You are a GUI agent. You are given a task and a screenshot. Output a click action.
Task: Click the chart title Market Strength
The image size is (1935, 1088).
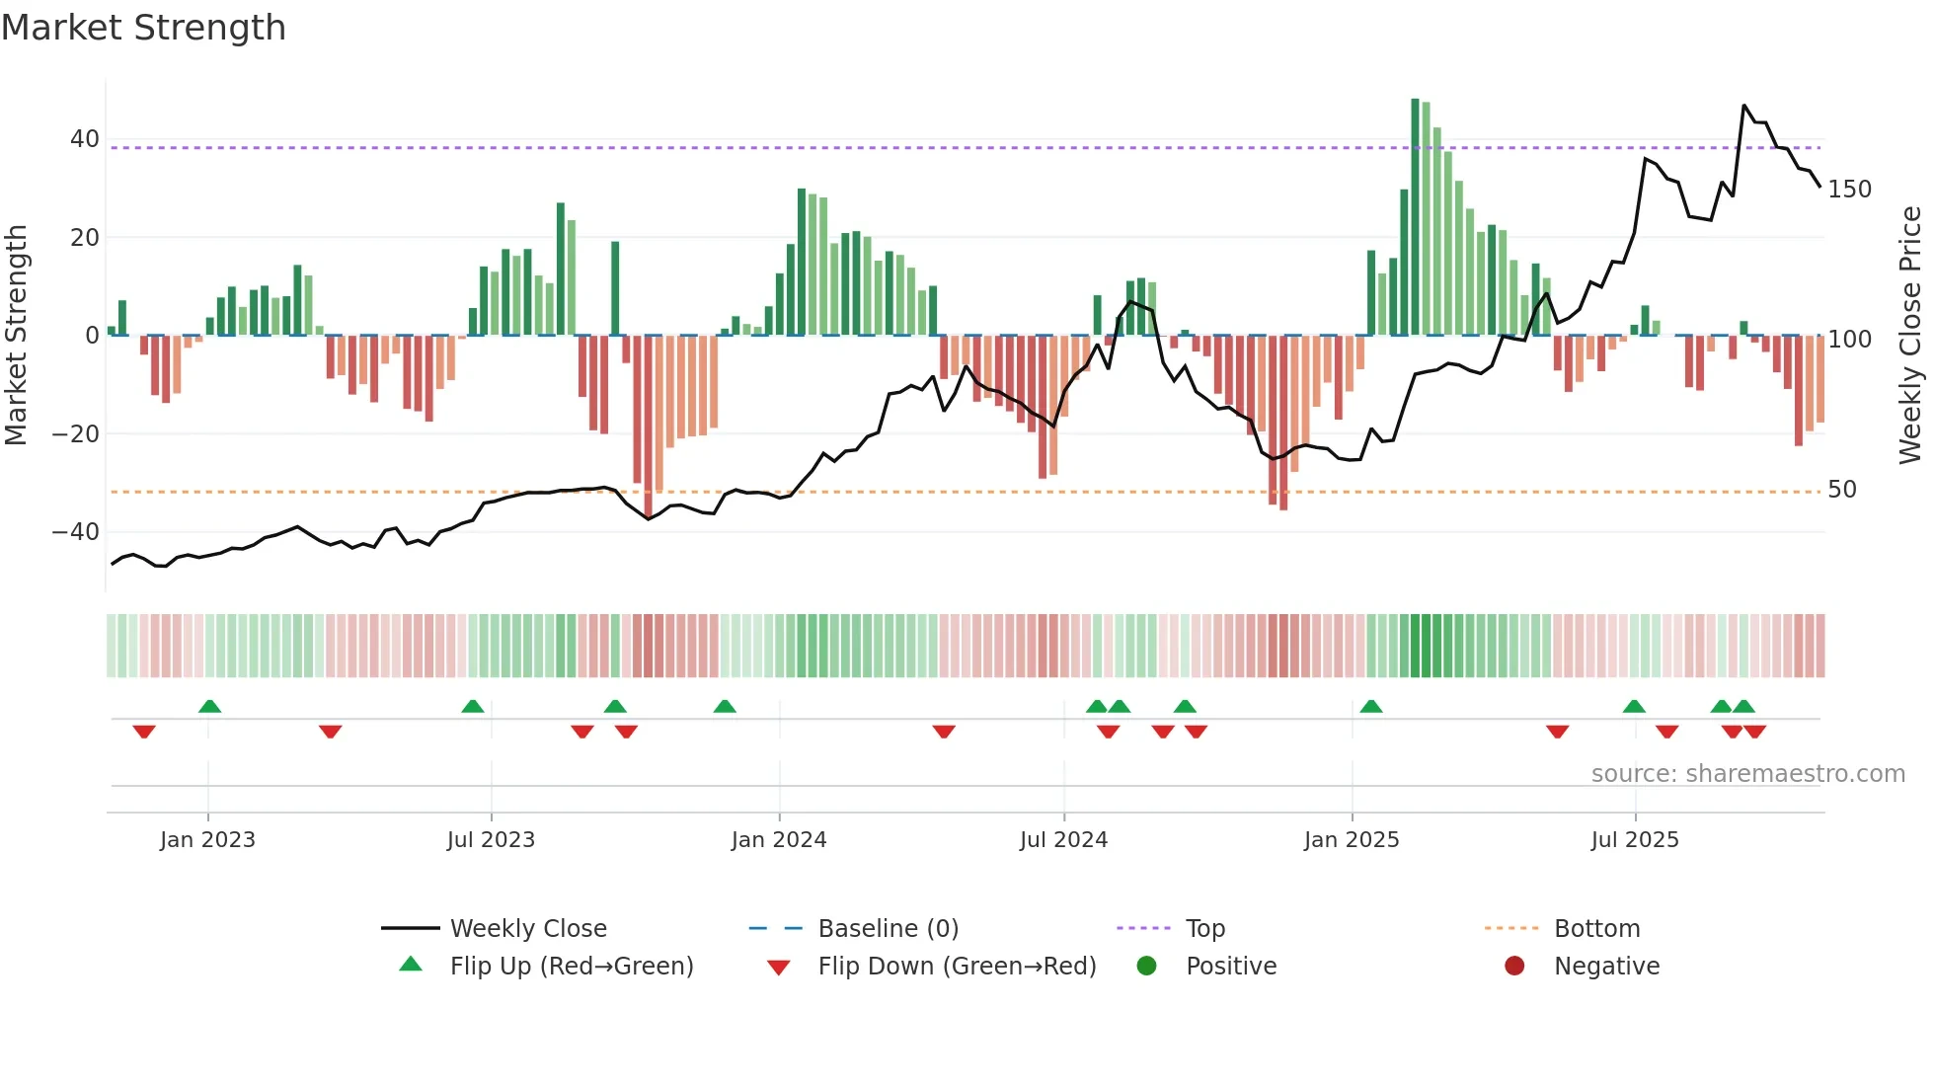(143, 28)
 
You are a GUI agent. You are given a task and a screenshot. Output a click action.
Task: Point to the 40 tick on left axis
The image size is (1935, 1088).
(85, 139)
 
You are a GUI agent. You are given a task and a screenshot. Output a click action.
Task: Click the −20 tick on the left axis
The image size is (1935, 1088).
(76, 433)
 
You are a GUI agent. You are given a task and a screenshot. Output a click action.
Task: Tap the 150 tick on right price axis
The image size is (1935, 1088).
(1849, 189)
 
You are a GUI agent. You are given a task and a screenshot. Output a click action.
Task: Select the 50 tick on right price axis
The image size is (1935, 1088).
(1842, 489)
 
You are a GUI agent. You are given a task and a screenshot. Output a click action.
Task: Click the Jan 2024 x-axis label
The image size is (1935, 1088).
(779, 840)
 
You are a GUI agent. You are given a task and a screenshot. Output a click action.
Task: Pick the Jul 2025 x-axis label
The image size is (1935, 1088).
(1635, 840)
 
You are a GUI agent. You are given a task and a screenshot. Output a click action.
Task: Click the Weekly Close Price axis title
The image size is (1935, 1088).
(1910, 336)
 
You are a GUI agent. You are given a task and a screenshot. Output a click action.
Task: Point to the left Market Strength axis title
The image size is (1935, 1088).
(17, 336)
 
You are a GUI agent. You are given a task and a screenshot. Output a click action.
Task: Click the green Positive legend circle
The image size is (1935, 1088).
(1146, 966)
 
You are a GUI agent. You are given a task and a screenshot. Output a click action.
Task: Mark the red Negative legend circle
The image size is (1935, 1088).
(1514, 966)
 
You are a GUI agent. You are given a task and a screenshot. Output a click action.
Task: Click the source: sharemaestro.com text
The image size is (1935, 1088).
(1747, 774)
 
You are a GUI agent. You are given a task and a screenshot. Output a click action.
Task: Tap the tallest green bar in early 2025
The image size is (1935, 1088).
(1415, 217)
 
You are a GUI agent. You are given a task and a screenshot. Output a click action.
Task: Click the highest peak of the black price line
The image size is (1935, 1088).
(1744, 106)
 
